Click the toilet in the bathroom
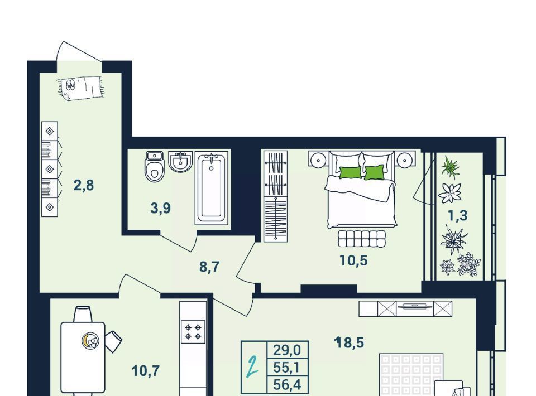tap(155, 166)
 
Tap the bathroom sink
tap(180, 162)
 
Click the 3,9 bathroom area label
tap(160, 207)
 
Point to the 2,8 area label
tap(83, 185)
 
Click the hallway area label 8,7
tap(209, 267)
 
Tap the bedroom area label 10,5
tap(353, 260)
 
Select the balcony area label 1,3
tap(458, 215)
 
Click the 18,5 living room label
tap(350, 342)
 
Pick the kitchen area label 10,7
tap(146, 370)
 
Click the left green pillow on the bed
tap(351, 172)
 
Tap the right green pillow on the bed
tap(374, 172)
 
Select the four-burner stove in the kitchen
tap(193, 332)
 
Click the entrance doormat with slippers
tap(80, 88)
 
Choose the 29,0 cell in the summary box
tap(287, 350)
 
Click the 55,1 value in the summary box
tap(287, 368)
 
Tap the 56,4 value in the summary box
tap(287, 385)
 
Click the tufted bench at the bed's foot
tap(362, 238)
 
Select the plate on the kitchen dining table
tap(90, 340)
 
